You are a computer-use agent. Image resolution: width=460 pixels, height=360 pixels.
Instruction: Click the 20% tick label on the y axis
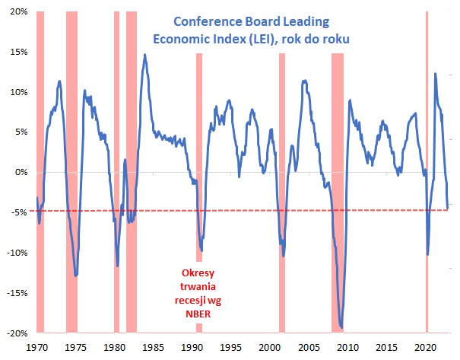18,12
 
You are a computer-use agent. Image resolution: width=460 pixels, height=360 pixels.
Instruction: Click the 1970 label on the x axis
36,346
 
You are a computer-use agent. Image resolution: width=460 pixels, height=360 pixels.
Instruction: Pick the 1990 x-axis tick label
192,346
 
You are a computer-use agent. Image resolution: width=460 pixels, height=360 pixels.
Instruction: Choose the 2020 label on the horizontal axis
427,346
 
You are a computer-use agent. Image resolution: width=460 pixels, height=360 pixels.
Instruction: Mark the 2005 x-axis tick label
309,346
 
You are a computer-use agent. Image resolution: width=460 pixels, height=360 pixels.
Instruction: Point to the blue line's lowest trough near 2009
341,328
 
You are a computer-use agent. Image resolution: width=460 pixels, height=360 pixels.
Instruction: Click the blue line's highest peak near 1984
144,55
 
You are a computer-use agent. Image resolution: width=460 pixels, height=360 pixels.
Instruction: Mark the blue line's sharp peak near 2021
435,74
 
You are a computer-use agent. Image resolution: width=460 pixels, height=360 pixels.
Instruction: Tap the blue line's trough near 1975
76,275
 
